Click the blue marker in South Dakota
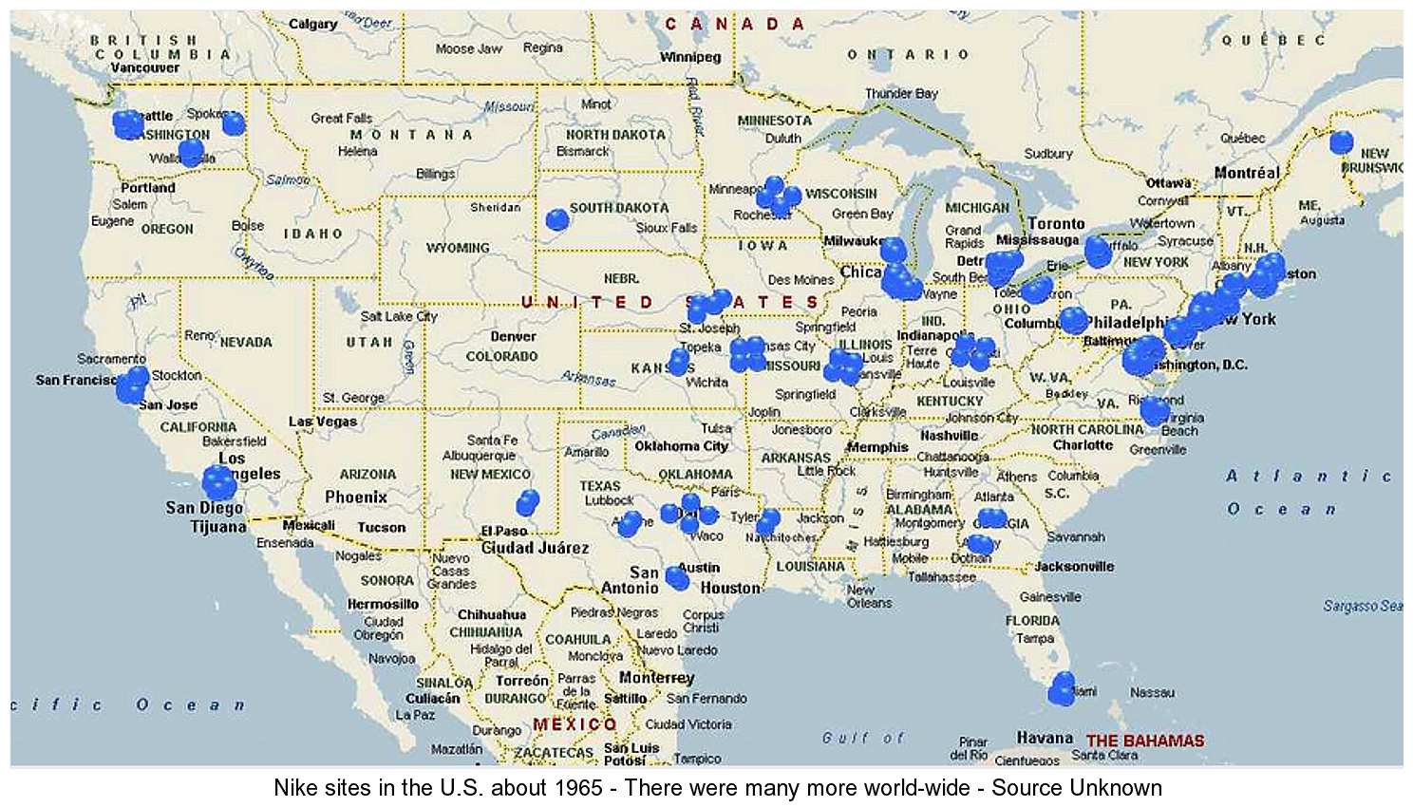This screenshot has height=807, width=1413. [x=557, y=220]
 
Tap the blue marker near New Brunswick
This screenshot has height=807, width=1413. [x=1341, y=142]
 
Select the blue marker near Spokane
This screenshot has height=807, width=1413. [x=233, y=122]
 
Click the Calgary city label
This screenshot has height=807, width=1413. [x=312, y=24]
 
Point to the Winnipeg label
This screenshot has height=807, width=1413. [x=690, y=57]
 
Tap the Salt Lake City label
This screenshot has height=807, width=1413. [x=399, y=316]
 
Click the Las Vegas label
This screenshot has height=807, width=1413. [x=323, y=421]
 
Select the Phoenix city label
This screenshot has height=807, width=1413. [x=356, y=497]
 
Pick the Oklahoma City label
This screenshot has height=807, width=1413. [x=682, y=445]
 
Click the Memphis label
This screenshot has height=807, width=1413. [x=877, y=446]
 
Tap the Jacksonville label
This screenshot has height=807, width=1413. [x=1074, y=566]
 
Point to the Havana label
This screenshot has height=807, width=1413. [x=1045, y=738]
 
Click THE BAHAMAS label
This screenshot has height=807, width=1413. [x=1145, y=741]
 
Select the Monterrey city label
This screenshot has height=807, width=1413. [x=656, y=677]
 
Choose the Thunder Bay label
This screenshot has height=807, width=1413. [x=900, y=93]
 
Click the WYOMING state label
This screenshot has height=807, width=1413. [x=458, y=248]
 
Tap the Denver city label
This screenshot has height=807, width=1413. [x=513, y=336]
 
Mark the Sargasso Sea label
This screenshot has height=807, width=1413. [x=1363, y=606]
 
